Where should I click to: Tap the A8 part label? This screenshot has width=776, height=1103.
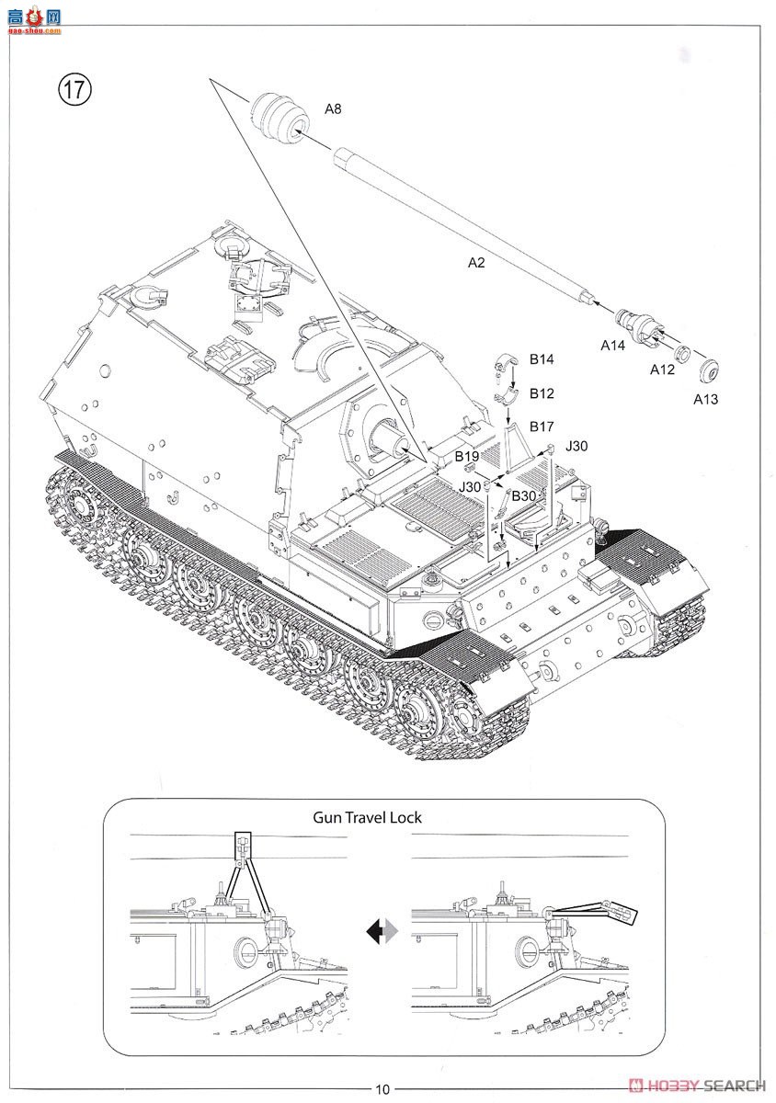point(332,108)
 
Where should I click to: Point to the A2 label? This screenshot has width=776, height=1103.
point(475,263)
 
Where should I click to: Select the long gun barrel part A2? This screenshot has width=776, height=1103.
point(460,221)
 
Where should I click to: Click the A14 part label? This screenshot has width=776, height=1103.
point(613,346)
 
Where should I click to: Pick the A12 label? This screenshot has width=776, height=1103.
point(662,370)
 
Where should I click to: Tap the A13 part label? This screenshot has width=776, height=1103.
point(706,399)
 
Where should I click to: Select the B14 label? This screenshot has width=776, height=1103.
point(542,359)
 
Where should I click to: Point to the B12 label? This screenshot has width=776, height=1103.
point(542,393)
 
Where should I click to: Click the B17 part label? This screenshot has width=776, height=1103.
point(542,426)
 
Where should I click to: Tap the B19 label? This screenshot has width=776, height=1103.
point(467,456)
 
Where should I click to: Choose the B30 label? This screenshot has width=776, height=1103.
point(524,495)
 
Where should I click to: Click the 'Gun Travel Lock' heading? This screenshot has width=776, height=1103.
point(367,817)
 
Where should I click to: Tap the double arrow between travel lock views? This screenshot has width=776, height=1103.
point(381,932)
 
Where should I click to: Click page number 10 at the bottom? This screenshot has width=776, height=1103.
point(382,1089)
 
